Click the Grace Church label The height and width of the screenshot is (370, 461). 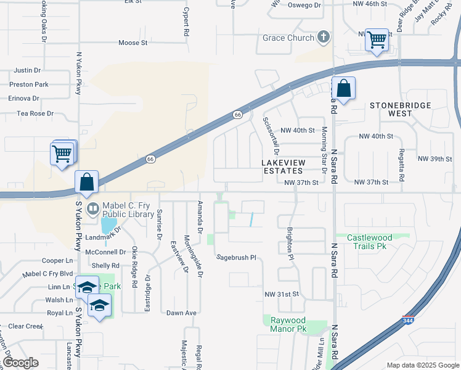[288, 38]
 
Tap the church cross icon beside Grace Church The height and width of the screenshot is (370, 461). [322, 38]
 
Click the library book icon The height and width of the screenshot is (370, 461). [92, 208]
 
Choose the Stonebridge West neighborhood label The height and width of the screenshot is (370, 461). [400, 110]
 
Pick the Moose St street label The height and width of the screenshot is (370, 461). [133, 43]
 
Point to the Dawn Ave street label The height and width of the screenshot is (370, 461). [181, 313]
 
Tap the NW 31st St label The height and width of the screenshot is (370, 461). [281, 294]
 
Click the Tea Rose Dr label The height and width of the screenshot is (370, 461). [35, 113]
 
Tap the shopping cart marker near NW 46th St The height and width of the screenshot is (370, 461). [376, 40]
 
